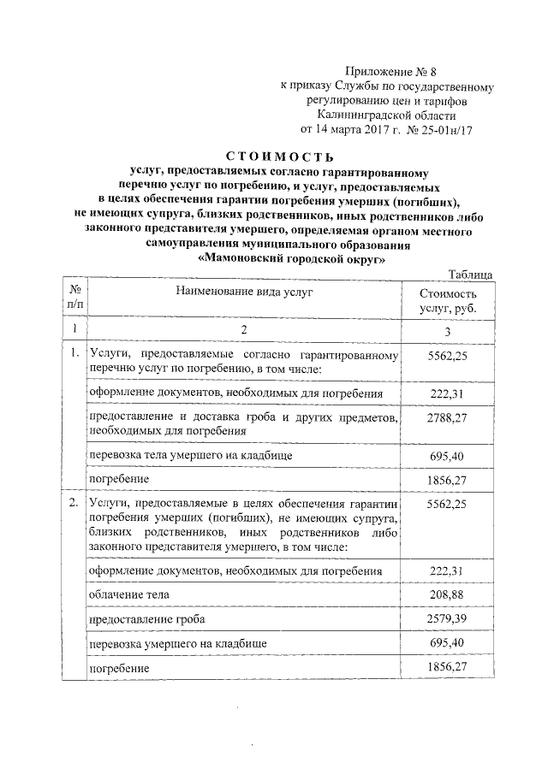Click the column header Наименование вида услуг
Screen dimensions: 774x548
coord(244,292)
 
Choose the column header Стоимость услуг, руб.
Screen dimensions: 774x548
coord(447,300)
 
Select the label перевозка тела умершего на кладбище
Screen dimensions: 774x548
coord(190,456)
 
